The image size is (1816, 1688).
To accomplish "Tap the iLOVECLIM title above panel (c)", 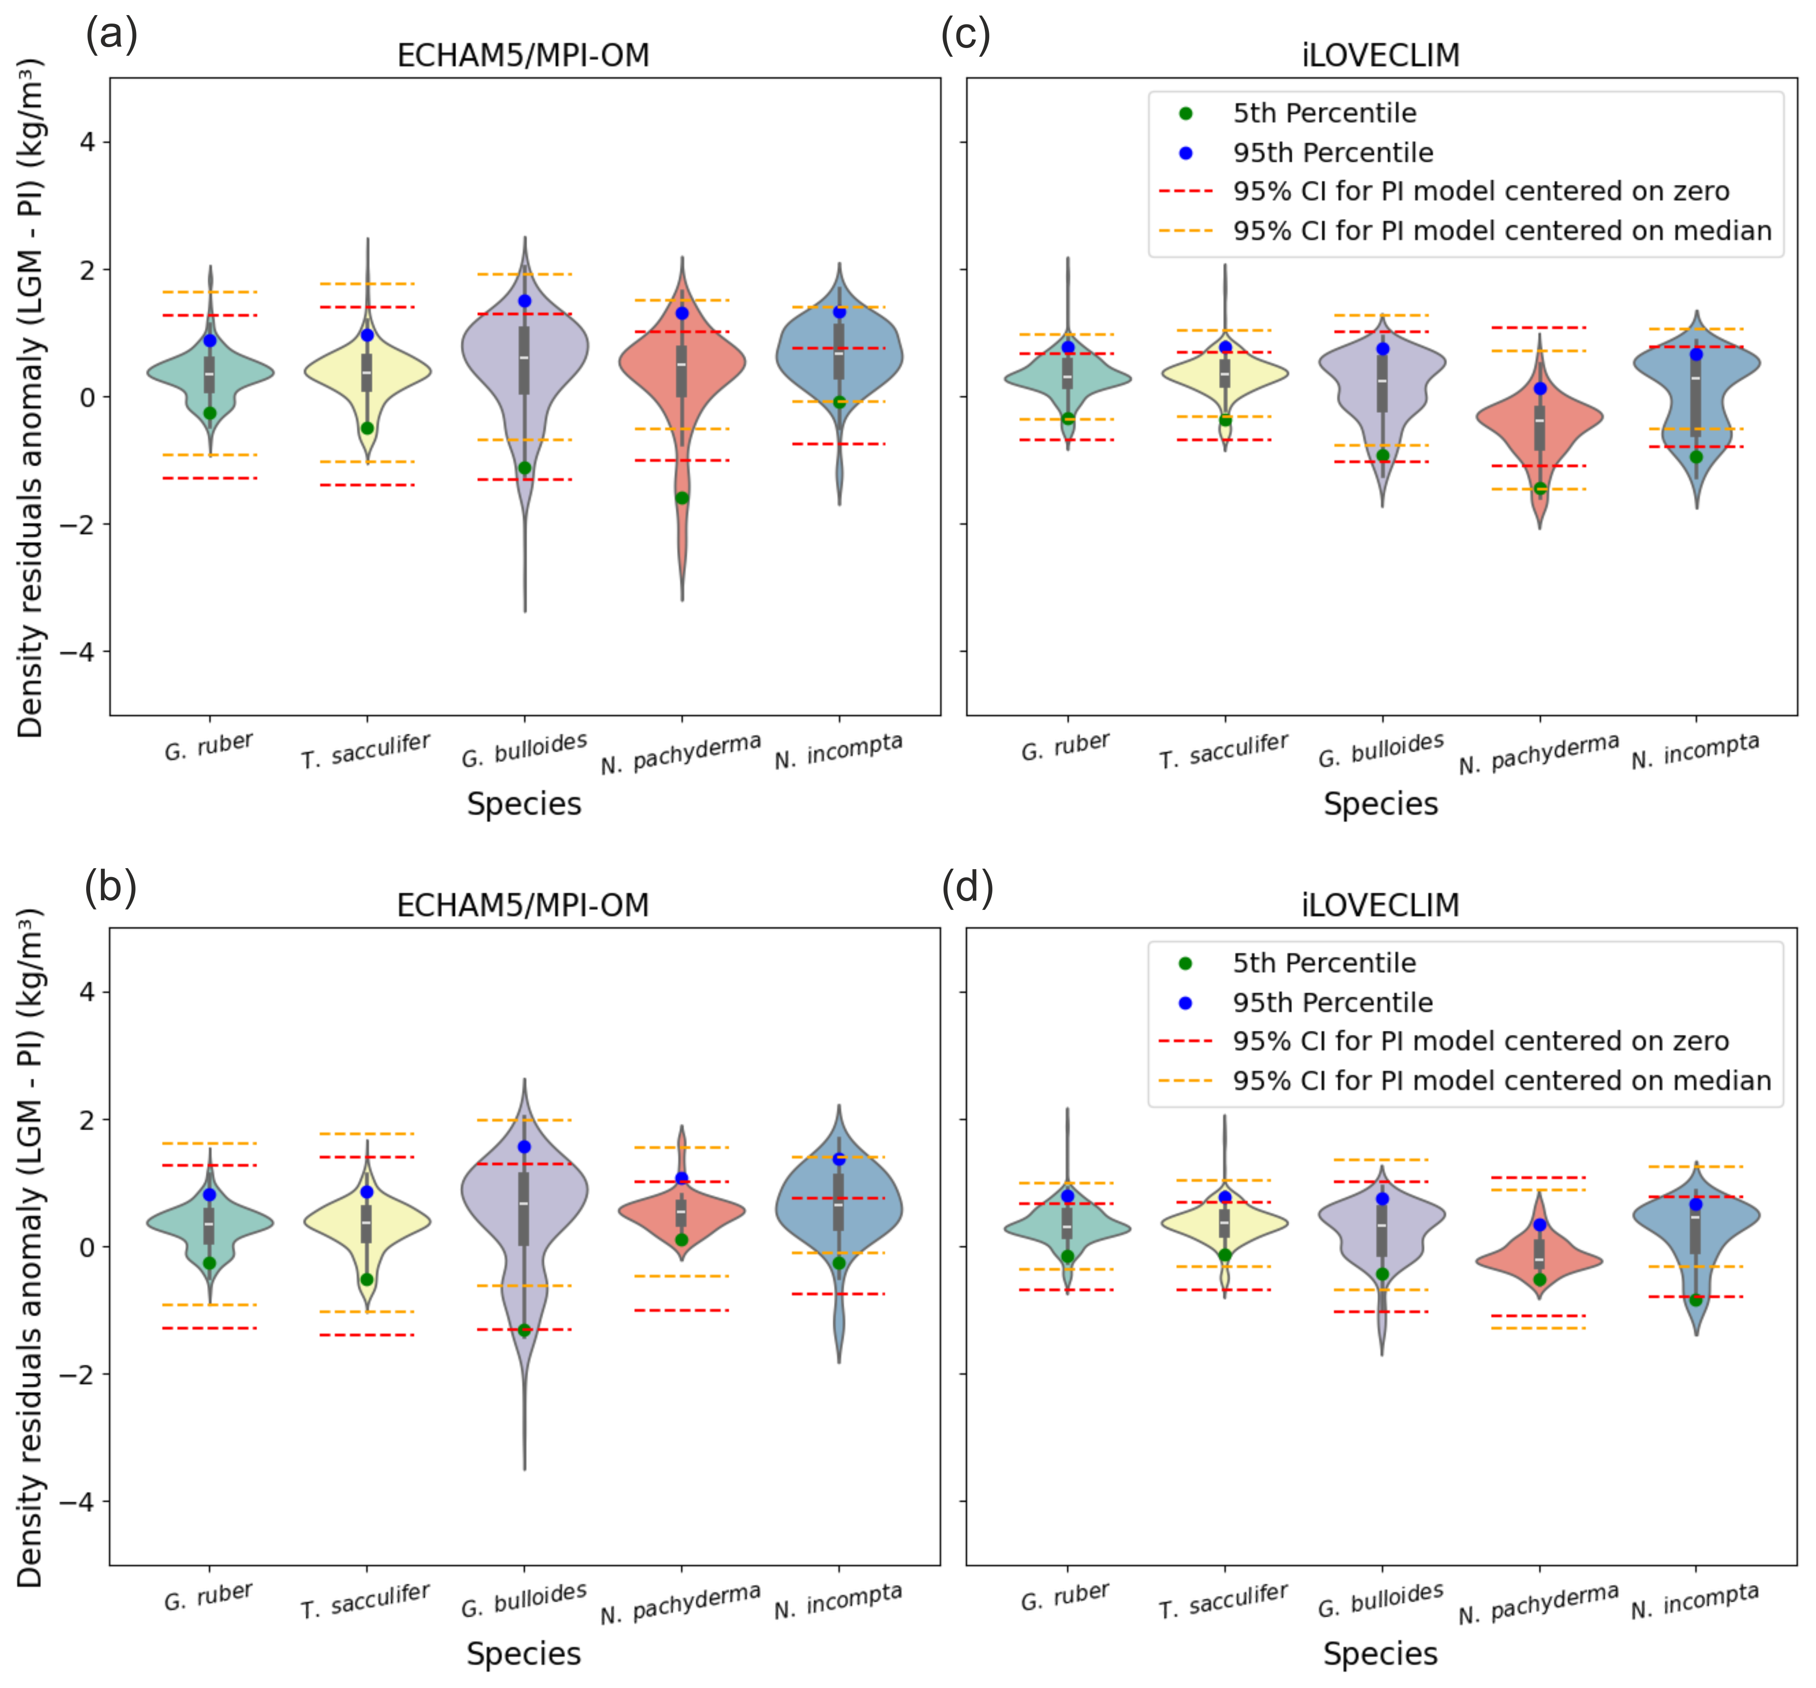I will (x=1380, y=56).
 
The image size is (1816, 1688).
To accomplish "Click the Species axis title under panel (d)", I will (x=1380, y=1654).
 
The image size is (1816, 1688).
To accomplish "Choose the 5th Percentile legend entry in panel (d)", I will (x=1324, y=963).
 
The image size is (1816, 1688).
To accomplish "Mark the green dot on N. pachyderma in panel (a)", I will (x=681, y=498).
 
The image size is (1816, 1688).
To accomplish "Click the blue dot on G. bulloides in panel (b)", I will (x=524, y=1146).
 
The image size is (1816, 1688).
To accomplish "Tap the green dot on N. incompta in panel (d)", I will (x=1697, y=1300).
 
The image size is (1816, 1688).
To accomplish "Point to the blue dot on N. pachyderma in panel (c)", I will (x=1540, y=388).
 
